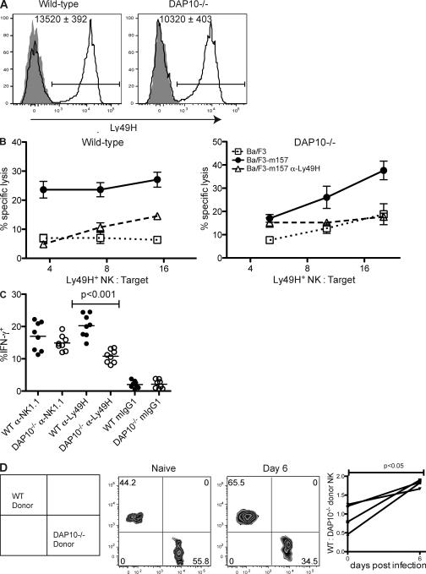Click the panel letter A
[7, 7]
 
